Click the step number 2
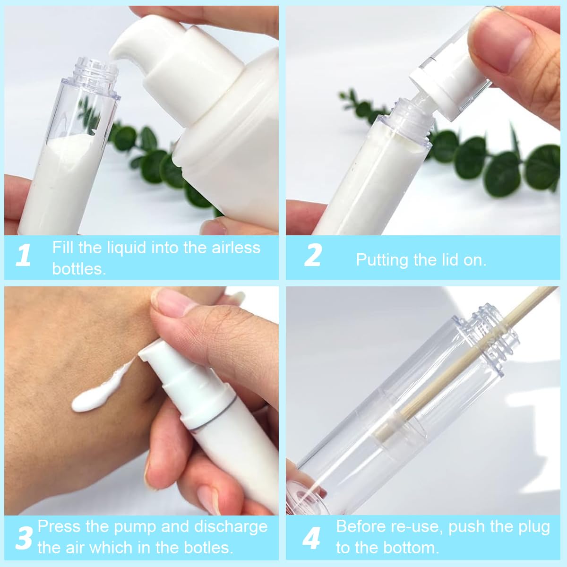coord(313,256)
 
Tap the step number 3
coord(24,537)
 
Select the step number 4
coord(311,537)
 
